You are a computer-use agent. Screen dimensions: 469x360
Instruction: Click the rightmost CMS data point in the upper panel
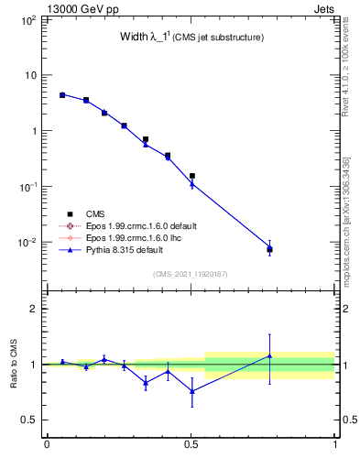269,249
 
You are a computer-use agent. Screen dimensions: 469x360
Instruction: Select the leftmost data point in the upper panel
62,94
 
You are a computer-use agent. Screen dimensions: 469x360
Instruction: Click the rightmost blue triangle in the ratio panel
269,355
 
